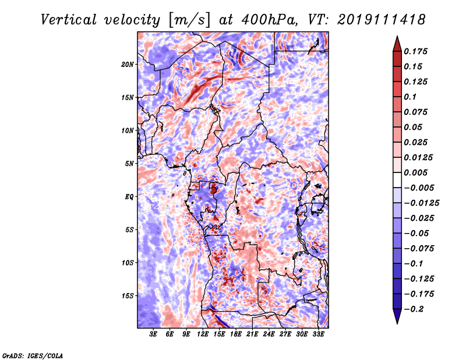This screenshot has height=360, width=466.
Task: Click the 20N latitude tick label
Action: [128, 65]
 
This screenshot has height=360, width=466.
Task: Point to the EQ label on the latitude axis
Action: [129, 197]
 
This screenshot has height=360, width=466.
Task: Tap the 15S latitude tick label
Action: [128, 296]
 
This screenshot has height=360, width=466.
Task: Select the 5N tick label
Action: [129, 164]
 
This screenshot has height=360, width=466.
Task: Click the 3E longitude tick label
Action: [153, 334]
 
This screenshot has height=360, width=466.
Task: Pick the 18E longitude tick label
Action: [236, 334]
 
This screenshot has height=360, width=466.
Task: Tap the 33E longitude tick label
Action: [318, 334]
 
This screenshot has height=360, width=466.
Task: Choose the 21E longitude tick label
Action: [252, 334]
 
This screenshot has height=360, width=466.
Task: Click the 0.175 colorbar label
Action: [415, 51]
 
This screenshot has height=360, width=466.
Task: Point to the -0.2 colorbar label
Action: [414, 309]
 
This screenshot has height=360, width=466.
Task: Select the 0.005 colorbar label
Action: [415, 172]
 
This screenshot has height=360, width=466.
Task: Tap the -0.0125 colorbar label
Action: [421, 203]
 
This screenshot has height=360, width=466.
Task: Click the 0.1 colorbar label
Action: [410, 97]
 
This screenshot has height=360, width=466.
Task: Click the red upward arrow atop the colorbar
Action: [397, 44]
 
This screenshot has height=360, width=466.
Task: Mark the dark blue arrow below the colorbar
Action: [397, 316]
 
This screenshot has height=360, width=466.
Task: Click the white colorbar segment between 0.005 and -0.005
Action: [397, 180]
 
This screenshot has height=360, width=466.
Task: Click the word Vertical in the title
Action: [68, 20]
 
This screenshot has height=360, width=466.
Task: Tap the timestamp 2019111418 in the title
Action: [382, 20]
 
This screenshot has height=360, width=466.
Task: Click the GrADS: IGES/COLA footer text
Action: [33, 355]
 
